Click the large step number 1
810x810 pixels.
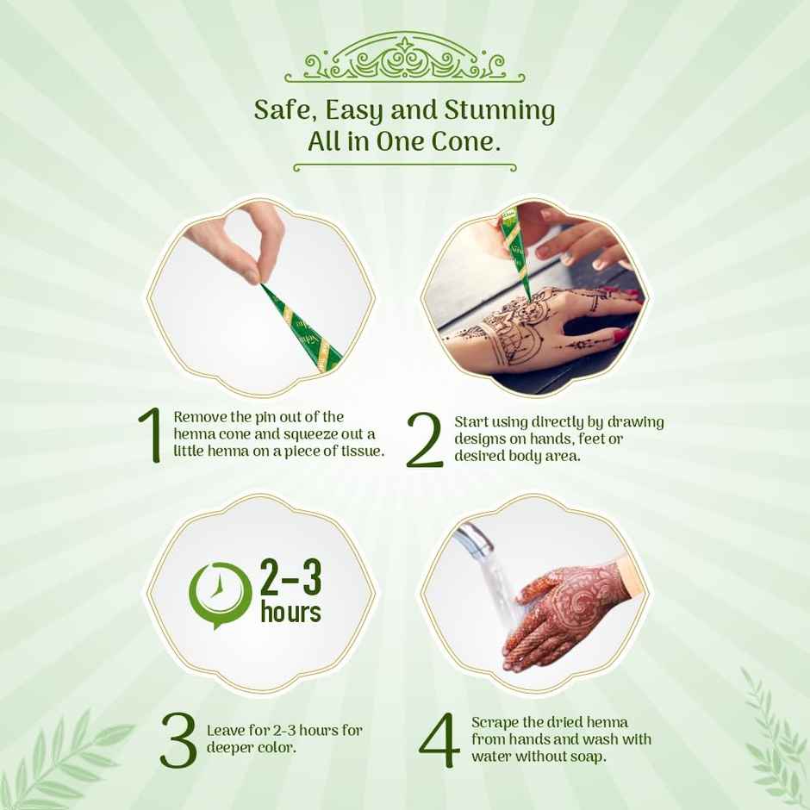pos(150,435)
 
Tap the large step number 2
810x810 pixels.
pos(425,440)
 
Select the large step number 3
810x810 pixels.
pos(178,739)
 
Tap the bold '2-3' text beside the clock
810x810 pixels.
pos(291,577)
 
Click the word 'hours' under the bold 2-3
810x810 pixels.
pos(291,611)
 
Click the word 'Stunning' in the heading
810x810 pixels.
pos(500,110)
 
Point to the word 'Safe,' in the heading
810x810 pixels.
pos(284,110)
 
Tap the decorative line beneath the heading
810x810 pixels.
pos(404,167)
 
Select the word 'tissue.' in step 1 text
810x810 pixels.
pos(363,451)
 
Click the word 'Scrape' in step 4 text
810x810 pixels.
pos(495,723)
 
